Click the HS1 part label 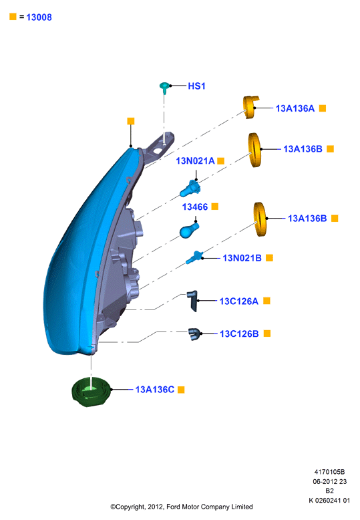click(196, 86)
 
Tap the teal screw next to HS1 click(164, 88)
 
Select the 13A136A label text click(295, 108)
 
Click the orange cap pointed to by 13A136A click(250, 107)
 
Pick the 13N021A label click(195, 161)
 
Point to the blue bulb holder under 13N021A click(190, 189)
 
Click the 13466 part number click(195, 207)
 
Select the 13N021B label click(242, 258)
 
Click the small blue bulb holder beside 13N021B click(194, 257)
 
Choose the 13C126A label click(238, 301)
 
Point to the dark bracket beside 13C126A click(192, 301)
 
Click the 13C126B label click(239, 334)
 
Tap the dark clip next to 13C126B click(194, 334)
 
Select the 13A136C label click(154, 390)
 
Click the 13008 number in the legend click(39, 17)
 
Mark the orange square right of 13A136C click(181, 390)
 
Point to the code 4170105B click(329, 472)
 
